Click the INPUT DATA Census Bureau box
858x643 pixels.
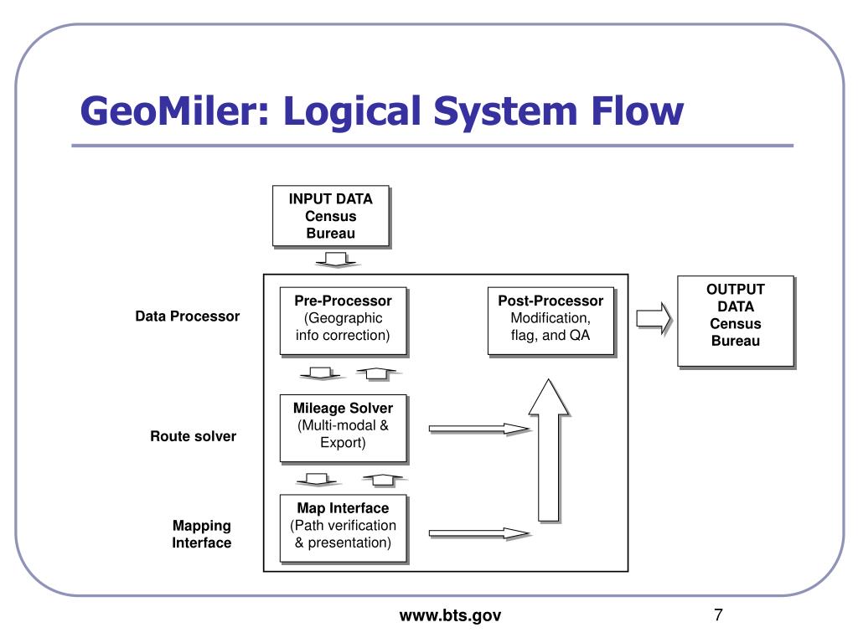pos(330,216)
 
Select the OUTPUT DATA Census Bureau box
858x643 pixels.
pos(735,321)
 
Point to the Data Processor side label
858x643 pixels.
pos(188,316)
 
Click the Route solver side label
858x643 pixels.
pos(194,436)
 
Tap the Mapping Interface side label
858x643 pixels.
pos(202,534)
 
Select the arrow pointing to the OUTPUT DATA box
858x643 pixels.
pos(654,318)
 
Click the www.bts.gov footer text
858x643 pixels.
pos(450,616)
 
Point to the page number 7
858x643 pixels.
pos(718,615)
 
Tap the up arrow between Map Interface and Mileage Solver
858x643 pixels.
pos(381,480)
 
